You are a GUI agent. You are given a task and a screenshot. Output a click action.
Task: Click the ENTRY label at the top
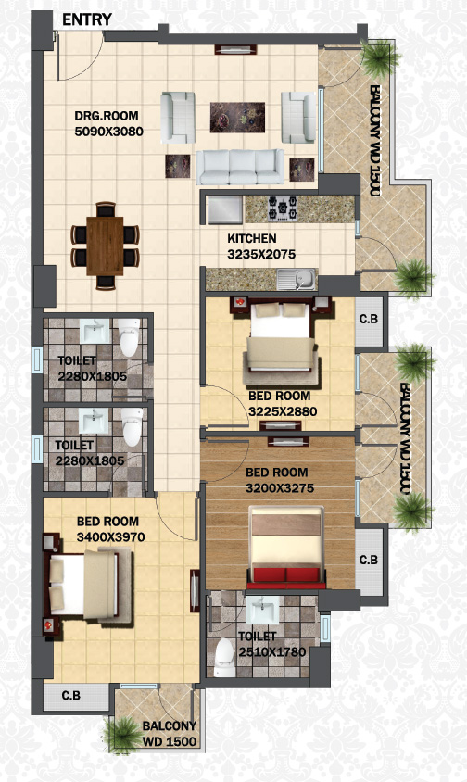(87, 19)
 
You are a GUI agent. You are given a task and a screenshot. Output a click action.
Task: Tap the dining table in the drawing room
(105, 246)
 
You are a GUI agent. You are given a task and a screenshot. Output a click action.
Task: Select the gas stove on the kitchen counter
(283, 208)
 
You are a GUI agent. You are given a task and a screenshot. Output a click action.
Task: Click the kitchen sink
(297, 279)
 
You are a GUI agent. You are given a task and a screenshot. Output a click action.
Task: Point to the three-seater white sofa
(240, 167)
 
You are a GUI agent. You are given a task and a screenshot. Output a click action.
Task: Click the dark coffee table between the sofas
(237, 117)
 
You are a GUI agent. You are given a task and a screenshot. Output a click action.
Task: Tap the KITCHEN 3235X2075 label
(261, 246)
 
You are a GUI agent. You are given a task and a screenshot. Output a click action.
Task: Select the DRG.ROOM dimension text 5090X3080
(108, 132)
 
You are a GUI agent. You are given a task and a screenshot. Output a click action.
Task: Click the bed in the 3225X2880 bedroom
(281, 338)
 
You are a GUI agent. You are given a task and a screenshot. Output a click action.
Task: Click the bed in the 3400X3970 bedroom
(89, 585)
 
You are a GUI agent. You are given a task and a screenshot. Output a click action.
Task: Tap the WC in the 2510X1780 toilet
(224, 657)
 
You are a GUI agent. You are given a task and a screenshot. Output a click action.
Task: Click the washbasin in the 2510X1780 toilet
(262, 610)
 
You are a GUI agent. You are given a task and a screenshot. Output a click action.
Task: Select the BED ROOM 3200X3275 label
(280, 480)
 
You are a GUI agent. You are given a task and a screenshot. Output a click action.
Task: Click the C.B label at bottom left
(70, 695)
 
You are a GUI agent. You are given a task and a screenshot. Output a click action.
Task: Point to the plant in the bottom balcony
(121, 735)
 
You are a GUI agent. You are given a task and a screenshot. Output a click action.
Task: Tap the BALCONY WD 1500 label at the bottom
(170, 734)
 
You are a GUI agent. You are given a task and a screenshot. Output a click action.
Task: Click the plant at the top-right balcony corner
(380, 58)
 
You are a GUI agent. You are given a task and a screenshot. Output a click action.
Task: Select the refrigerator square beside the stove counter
(225, 209)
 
